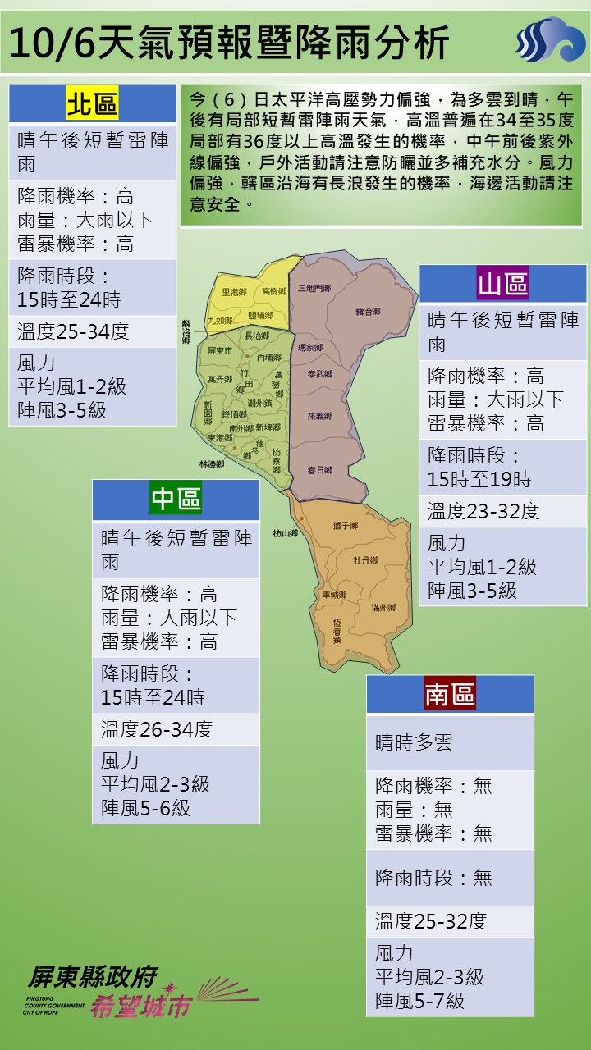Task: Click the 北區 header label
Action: (x=92, y=104)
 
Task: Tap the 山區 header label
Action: (x=503, y=284)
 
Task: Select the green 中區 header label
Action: (x=176, y=499)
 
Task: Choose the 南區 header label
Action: (x=450, y=694)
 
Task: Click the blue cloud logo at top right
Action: (x=549, y=39)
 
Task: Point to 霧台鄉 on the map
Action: (x=369, y=312)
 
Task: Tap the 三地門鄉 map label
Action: (x=314, y=288)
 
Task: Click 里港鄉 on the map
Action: (x=234, y=292)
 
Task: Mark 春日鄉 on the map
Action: (x=319, y=470)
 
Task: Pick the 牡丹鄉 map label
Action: (x=365, y=560)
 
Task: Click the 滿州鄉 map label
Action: (x=383, y=607)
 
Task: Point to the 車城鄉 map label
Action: (x=333, y=594)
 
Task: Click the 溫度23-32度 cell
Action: (x=483, y=511)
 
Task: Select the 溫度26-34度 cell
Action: (x=157, y=728)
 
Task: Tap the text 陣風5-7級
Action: (x=419, y=1001)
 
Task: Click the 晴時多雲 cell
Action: (x=414, y=742)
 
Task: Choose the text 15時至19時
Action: (x=479, y=479)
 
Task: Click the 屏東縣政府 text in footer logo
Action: (x=92, y=976)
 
